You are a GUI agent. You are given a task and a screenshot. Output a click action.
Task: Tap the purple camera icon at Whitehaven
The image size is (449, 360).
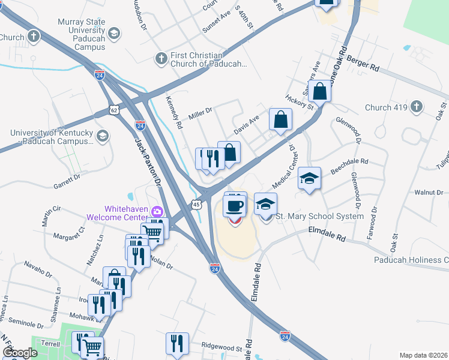(157, 211)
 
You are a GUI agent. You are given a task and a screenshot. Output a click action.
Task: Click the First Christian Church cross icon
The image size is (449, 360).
(161, 59)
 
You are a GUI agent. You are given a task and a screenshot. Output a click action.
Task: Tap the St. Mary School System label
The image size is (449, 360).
(319, 216)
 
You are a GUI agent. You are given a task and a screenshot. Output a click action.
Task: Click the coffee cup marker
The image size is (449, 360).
(235, 206)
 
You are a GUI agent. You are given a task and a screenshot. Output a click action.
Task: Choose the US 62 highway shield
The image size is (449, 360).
(114, 110)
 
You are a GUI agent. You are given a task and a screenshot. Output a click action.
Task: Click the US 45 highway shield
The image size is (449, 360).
(197, 205)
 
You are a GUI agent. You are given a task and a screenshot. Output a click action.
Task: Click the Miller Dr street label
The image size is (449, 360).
(200, 112)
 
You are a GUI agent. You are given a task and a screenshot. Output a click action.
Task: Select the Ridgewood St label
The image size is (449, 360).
(221, 346)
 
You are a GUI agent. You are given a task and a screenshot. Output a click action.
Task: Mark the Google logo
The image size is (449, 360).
(20, 353)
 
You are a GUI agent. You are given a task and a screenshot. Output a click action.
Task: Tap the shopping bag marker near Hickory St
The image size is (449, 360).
(321, 92)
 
